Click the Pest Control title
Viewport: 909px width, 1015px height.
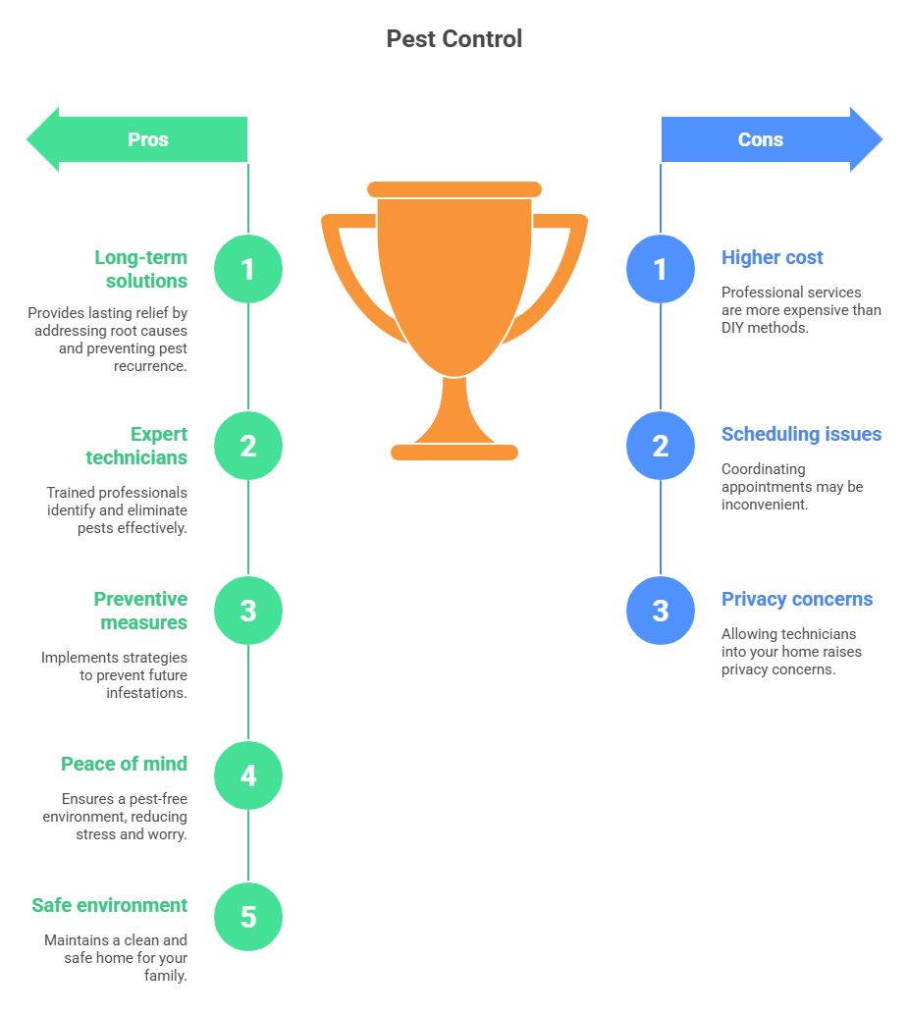[454, 39]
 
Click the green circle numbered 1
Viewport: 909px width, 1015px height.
[248, 269]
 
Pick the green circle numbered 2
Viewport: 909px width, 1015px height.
[248, 446]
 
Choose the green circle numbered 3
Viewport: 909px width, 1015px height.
[248, 611]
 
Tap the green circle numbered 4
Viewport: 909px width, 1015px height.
[248, 775]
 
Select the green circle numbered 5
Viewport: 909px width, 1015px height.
[248, 917]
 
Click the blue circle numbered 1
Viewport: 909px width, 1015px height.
[661, 269]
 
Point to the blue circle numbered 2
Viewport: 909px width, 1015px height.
[661, 446]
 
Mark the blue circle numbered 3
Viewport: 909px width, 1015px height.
[661, 611]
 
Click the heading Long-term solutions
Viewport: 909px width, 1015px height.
[140, 269]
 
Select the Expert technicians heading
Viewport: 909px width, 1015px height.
[136, 446]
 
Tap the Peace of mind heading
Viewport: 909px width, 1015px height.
[125, 764]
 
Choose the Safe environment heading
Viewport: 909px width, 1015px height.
[109, 905]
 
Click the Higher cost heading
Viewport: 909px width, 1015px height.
[773, 257]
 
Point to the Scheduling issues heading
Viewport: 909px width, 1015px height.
[801, 434]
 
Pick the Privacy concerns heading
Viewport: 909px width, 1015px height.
[797, 599]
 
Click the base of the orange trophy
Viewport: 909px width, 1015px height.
[454, 452]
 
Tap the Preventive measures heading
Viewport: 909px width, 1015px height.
[140, 611]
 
